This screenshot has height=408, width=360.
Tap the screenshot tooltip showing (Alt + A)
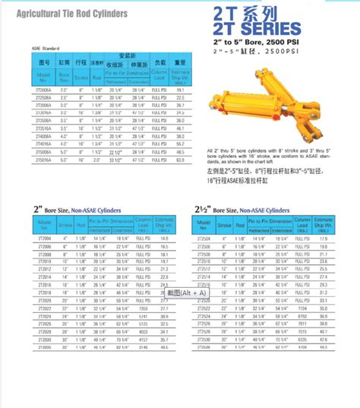188,292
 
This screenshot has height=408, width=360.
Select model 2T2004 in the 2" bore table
44,239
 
